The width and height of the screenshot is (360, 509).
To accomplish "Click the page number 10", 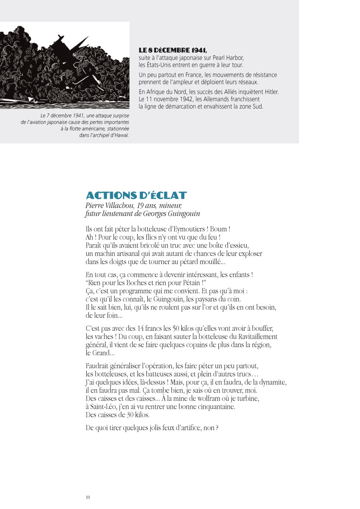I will point(88,497).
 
